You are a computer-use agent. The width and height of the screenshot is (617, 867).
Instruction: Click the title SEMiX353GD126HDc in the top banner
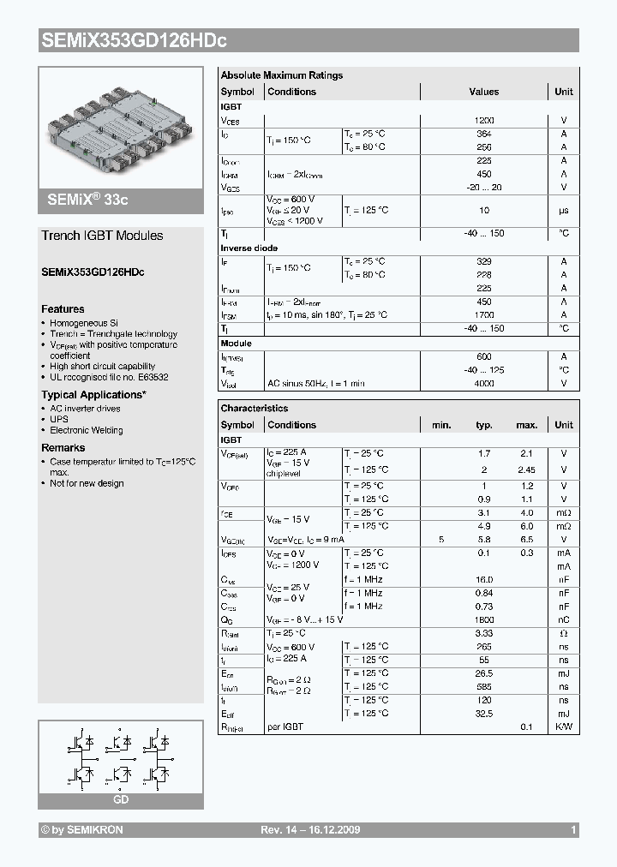coord(133,40)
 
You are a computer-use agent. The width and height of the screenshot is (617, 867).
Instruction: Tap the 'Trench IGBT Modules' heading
coord(102,236)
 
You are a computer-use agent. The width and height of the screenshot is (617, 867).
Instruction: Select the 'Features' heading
coord(63,309)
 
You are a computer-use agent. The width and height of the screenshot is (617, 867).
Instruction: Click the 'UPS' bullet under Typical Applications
coord(58,420)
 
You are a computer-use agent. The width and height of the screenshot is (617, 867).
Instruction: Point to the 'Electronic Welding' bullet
coord(86,431)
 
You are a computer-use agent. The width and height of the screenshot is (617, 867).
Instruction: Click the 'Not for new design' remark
coord(87,483)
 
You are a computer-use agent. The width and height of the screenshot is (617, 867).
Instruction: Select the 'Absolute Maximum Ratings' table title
coord(281,75)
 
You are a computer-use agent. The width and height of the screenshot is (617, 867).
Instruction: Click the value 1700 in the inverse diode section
coord(484,315)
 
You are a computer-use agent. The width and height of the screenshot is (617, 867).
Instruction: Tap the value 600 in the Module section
coord(484,356)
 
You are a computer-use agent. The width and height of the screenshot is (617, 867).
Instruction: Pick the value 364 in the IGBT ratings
coord(484,135)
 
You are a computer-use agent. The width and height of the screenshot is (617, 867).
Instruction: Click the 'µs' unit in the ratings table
coord(564,210)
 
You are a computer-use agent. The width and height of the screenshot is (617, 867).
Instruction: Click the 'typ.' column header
coord(484,425)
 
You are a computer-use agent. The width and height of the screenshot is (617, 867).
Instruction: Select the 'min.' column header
coord(441,425)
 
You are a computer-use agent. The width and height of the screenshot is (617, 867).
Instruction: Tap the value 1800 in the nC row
coord(484,619)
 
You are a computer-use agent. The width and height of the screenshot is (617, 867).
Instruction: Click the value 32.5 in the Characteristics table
coord(484,714)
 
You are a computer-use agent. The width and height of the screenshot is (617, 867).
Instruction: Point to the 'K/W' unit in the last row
coord(564,726)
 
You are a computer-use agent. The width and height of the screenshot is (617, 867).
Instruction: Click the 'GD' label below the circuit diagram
coord(121,799)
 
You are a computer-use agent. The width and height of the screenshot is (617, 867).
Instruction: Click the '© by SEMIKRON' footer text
coord(81,830)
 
